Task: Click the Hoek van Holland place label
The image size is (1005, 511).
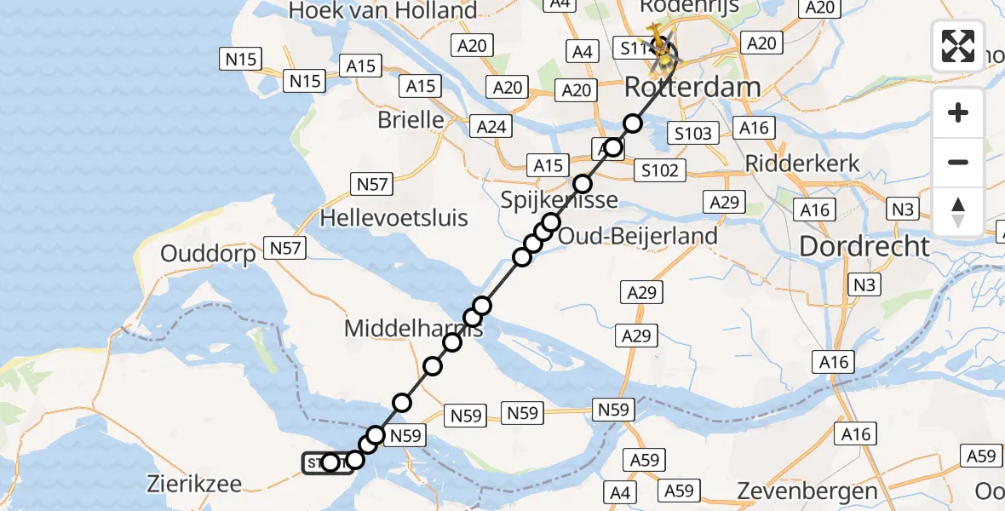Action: (383, 11)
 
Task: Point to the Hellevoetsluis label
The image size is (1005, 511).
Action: (393, 218)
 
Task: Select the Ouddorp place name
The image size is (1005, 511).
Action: (208, 255)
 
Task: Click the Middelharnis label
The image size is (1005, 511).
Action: (413, 328)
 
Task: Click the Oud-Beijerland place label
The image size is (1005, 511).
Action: (637, 235)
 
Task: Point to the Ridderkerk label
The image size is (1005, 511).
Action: (802, 164)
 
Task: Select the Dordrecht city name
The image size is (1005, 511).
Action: (864, 247)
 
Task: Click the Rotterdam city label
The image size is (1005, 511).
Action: (692, 87)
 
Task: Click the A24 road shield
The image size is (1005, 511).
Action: (491, 127)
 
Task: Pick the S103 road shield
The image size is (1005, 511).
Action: (692, 133)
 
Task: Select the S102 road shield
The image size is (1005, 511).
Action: (660, 170)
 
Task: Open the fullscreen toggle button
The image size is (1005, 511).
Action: (958, 45)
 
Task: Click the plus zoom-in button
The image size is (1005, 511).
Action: (958, 113)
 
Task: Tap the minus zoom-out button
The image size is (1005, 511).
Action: (958, 162)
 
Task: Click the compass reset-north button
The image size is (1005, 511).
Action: (958, 212)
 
